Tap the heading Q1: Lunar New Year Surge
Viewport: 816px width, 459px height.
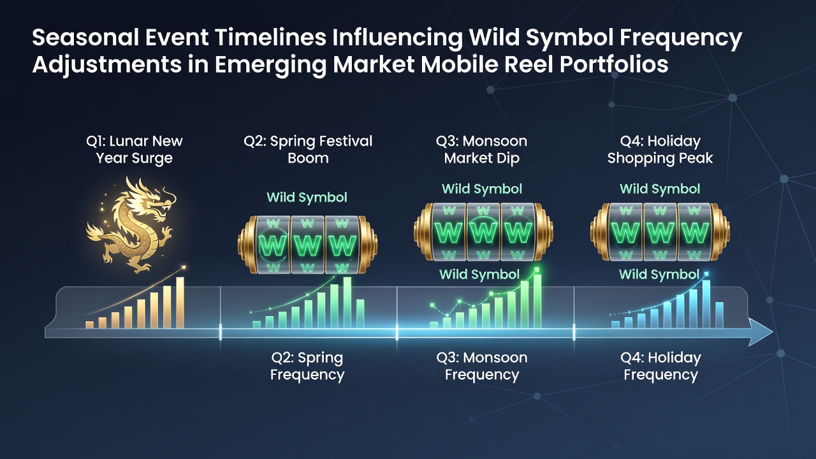pyautogui.click(x=135, y=149)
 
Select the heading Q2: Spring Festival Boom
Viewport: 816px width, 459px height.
pyautogui.click(x=308, y=149)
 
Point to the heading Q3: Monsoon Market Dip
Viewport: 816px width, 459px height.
pyautogui.click(x=481, y=149)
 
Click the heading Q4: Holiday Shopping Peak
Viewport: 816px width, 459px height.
pyautogui.click(x=660, y=149)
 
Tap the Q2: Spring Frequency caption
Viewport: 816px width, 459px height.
pyautogui.click(x=307, y=366)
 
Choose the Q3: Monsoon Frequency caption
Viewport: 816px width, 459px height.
pyautogui.click(x=482, y=366)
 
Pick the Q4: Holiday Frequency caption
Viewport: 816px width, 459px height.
pyautogui.click(x=660, y=366)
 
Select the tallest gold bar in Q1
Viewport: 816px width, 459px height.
pyautogui.click(x=180, y=303)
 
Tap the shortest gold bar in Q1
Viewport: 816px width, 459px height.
pyautogui.click(x=89, y=324)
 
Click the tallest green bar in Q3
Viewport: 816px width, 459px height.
pyautogui.click(x=537, y=302)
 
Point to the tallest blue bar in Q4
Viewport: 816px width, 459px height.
pyautogui.click(x=706, y=304)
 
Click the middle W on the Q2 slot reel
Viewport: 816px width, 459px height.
pyautogui.click(x=307, y=246)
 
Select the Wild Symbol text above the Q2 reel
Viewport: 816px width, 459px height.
pyautogui.click(x=307, y=198)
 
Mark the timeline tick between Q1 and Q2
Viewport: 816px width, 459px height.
pyautogui.click(x=221, y=332)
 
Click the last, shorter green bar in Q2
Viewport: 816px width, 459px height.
pyautogui.click(x=360, y=314)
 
